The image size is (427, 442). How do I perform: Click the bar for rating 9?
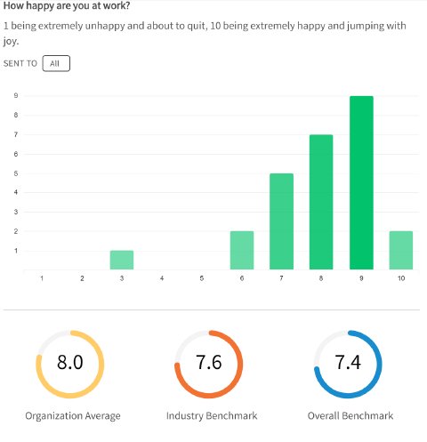(361, 182)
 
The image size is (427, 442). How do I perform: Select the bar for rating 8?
(321, 202)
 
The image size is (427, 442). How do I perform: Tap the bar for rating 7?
(281, 221)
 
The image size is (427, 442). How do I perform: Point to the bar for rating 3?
(122, 260)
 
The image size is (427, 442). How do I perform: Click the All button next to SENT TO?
(55, 64)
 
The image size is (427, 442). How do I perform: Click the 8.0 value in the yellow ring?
(70, 363)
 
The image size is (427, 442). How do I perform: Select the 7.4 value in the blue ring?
(349, 363)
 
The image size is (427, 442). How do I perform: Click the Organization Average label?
(73, 416)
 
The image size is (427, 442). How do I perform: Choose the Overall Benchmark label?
(350, 416)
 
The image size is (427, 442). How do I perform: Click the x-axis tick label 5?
(202, 279)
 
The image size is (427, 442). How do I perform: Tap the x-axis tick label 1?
(42, 279)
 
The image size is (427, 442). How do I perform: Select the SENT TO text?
(20, 64)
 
